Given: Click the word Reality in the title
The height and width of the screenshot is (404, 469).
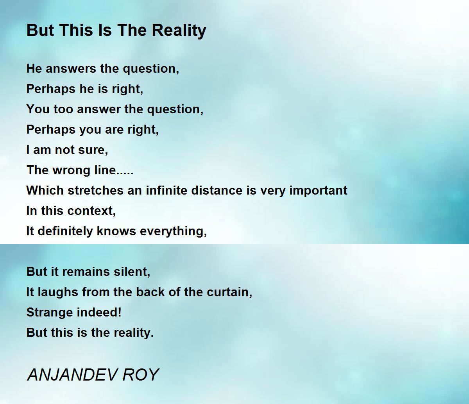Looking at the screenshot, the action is (x=179, y=30).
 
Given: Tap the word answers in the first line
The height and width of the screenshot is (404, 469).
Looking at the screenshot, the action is (x=71, y=68).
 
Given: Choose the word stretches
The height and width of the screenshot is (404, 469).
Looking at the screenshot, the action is (x=95, y=190).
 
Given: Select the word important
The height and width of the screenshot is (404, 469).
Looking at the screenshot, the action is (x=319, y=191).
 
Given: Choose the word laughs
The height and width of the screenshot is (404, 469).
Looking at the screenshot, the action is (x=58, y=292).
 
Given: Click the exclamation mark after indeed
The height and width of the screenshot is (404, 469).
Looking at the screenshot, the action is (x=120, y=312).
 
